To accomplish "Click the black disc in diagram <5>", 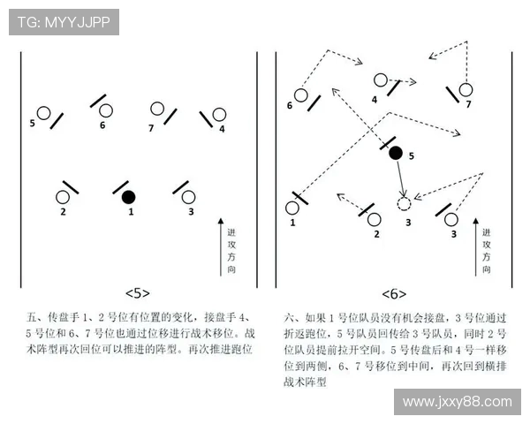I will click(128, 196).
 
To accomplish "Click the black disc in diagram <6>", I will click(396, 153).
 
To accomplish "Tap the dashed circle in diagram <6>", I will click(405, 204).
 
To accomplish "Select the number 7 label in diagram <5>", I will click(151, 128).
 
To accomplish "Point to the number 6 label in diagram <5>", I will click(102, 125).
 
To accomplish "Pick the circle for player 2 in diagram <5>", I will click(64, 197).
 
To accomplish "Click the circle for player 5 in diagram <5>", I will click(42, 113).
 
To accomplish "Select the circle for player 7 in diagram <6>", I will click(466, 89).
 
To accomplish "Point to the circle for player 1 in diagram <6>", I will click(292, 208).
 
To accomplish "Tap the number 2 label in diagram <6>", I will click(376, 234).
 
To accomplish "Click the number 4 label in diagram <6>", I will click(375, 100).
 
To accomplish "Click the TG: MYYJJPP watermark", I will click(64, 22).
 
